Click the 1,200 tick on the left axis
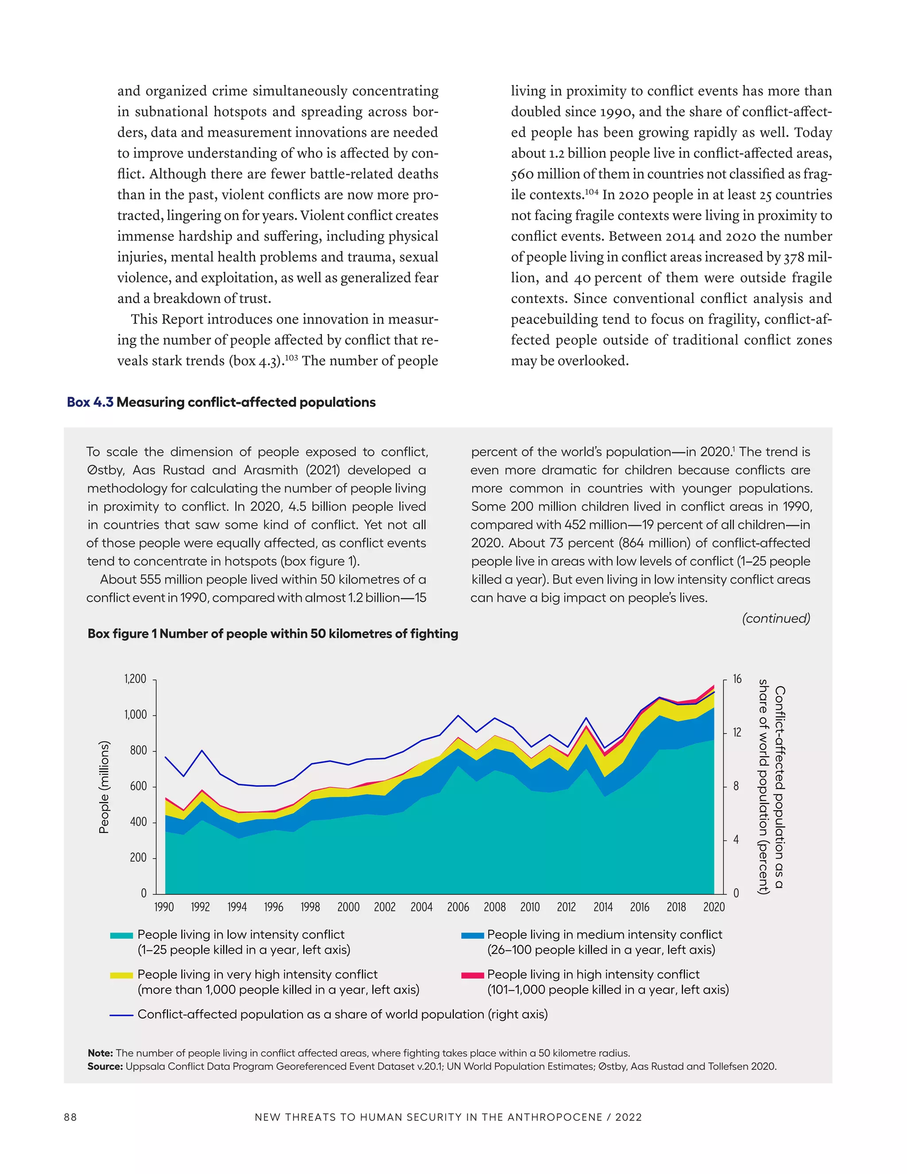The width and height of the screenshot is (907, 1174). (x=135, y=679)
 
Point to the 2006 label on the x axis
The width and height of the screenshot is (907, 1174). (x=458, y=907)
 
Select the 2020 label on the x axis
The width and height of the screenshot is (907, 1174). (x=713, y=907)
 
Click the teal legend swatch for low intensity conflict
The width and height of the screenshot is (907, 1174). (x=121, y=935)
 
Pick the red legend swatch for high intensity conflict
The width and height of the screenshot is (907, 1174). (x=472, y=975)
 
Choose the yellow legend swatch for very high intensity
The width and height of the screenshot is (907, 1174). (x=121, y=975)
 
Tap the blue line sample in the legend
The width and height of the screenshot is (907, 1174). (x=121, y=1015)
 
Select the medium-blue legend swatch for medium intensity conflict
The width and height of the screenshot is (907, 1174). (x=472, y=935)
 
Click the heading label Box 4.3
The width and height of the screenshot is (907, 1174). (x=90, y=402)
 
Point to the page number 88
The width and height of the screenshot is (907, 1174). (x=70, y=1117)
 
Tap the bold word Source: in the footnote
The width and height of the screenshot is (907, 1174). (x=105, y=1066)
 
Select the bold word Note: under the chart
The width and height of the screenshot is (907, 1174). (x=100, y=1053)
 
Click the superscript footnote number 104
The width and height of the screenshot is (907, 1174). (x=591, y=191)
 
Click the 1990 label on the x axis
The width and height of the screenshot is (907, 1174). (x=164, y=907)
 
